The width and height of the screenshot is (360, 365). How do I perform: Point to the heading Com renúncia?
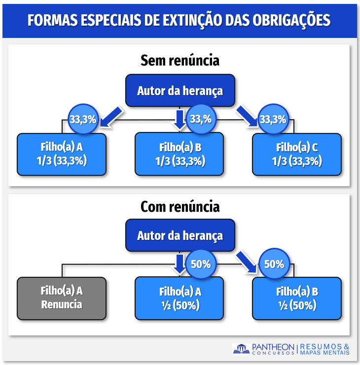(180, 206)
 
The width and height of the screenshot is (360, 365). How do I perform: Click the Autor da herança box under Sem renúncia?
(180, 91)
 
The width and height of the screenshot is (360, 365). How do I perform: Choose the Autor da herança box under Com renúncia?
(180, 235)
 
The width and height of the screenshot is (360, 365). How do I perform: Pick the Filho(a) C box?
(297, 154)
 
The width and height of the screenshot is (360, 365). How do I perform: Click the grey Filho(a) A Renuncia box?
(62, 298)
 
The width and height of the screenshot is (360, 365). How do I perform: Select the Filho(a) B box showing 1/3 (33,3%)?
(180, 154)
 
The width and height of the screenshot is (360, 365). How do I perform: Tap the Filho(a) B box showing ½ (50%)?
(297, 298)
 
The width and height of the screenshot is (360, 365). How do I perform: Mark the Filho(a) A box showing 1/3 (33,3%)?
(62, 154)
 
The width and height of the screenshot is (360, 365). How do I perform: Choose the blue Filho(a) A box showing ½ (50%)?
(180, 298)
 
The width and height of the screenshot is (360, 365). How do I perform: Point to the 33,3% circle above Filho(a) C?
(273, 119)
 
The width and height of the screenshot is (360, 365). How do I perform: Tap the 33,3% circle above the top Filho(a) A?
(83, 119)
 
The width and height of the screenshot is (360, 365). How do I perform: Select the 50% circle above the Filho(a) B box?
(274, 264)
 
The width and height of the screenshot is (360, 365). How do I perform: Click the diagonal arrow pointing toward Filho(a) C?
(247, 116)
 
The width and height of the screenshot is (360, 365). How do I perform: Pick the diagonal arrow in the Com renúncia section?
(247, 261)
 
